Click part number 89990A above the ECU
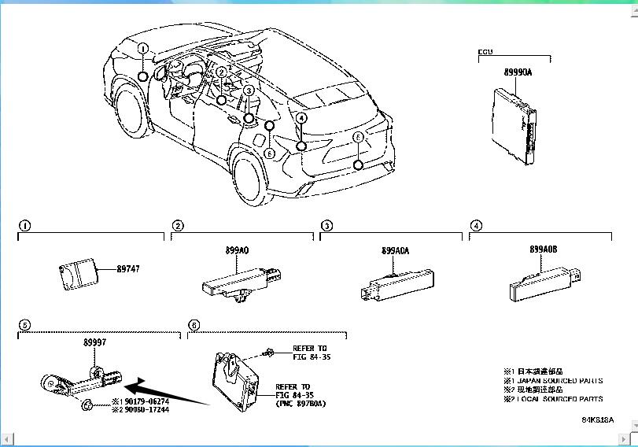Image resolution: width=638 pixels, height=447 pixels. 518,72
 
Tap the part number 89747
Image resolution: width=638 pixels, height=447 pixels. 128,269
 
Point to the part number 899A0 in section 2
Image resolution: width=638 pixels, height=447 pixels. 238,250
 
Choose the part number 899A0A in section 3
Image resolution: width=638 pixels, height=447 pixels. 396,251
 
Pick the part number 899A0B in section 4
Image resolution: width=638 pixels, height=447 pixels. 544,249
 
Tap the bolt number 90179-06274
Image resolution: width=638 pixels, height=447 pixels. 145,401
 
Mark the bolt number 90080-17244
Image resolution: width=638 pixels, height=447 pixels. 145,410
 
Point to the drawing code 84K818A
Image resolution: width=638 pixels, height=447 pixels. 598,419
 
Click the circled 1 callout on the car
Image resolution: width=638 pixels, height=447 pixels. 143,49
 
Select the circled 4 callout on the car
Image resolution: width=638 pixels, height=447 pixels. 301,118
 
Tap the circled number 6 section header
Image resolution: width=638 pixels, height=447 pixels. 194,324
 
